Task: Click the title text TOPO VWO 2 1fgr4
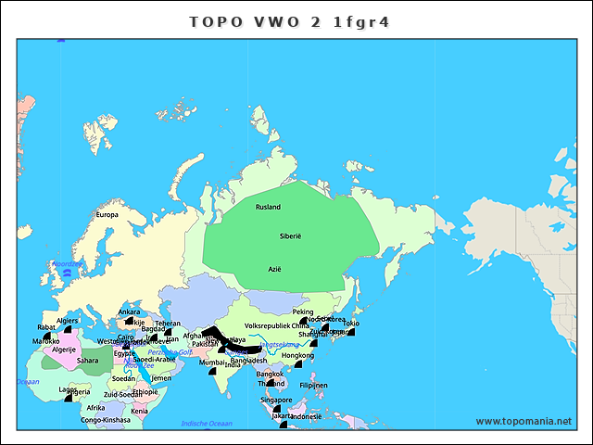pyautogui.click(x=289, y=20)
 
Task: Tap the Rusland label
pyautogui.click(x=268, y=207)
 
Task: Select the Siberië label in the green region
pyautogui.click(x=291, y=237)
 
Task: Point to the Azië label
pyautogui.click(x=274, y=269)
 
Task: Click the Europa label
pyautogui.click(x=107, y=215)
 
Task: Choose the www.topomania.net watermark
pyautogui.click(x=524, y=421)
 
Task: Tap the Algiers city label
pyautogui.click(x=68, y=321)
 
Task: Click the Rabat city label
pyautogui.click(x=46, y=327)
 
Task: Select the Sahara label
pyautogui.click(x=87, y=361)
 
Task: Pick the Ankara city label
pyautogui.click(x=130, y=312)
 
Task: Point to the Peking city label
pyautogui.click(x=303, y=312)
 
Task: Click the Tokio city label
pyautogui.click(x=351, y=324)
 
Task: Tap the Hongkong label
pyautogui.click(x=297, y=355)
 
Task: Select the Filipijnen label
pyautogui.click(x=313, y=385)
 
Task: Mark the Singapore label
pyautogui.click(x=276, y=400)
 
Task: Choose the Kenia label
pyautogui.click(x=139, y=411)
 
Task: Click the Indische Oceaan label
pyautogui.click(x=207, y=424)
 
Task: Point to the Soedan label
pyautogui.click(x=123, y=378)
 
